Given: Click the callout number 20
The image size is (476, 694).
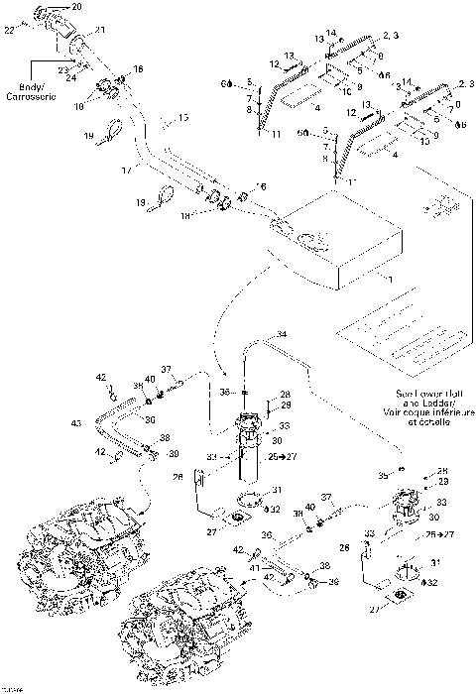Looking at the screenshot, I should pos(77,7).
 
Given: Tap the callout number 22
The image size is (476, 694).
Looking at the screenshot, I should pos(11,31).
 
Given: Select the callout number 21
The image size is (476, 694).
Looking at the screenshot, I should pos(99,32).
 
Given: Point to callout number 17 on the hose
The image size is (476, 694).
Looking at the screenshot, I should pos(126,172).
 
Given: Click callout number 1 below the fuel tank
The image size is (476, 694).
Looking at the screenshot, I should pos(389,282).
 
